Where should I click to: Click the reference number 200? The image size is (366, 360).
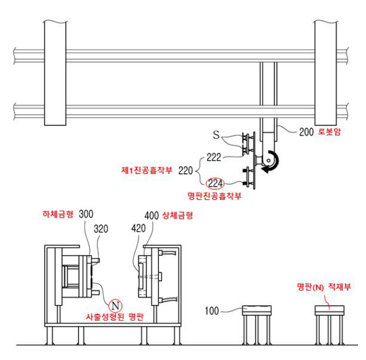(x=307, y=132)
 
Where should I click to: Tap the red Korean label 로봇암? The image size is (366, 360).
(x=329, y=132)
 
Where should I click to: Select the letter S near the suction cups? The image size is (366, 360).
(x=216, y=135)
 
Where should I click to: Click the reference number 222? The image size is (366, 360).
(x=214, y=157)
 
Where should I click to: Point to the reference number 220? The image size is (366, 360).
(x=185, y=171)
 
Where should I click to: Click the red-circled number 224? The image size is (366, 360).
(x=215, y=183)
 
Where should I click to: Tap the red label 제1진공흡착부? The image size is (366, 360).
(x=147, y=170)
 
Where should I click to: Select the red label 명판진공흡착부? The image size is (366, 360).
(x=214, y=196)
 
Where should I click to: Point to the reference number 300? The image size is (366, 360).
(x=86, y=214)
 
